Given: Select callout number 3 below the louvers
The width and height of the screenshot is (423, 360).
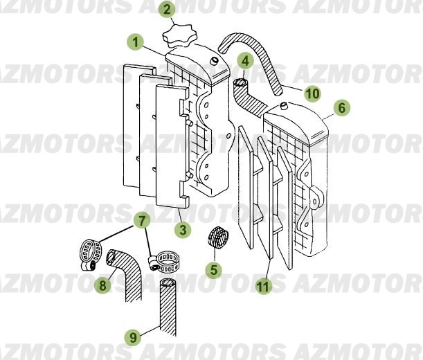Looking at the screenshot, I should [x=182, y=228].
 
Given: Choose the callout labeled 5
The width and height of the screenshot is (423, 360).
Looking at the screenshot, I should [x=214, y=270].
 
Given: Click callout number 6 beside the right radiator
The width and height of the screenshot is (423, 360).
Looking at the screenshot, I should [x=341, y=108].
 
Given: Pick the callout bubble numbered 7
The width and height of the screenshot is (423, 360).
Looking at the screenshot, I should [x=141, y=222].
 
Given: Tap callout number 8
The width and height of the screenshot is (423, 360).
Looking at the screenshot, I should [x=102, y=284].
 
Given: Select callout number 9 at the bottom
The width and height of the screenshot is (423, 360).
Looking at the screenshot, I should [x=133, y=337].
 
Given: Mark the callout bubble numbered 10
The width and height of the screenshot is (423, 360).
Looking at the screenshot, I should [x=312, y=93].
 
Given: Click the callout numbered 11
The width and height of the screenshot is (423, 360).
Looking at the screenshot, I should [x=262, y=285].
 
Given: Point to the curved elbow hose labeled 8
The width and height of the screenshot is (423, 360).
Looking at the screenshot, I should [x=127, y=277].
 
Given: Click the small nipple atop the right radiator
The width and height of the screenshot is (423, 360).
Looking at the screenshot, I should [x=283, y=106].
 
